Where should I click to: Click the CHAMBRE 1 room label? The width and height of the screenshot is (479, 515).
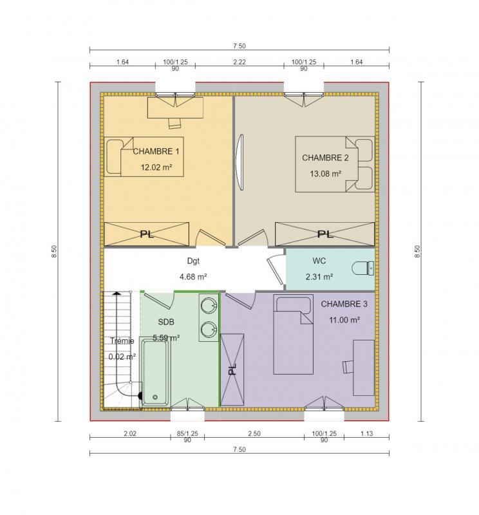[x=156, y=152]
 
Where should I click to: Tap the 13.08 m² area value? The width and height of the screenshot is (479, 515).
[x=325, y=173]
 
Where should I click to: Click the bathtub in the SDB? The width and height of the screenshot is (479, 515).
[x=155, y=372]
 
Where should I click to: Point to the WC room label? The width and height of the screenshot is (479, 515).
[x=319, y=261]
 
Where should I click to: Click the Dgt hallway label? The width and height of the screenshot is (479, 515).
[x=193, y=261]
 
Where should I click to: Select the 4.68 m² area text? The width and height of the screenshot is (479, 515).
[x=193, y=277]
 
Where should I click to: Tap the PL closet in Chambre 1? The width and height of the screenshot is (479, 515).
[x=147, y=234]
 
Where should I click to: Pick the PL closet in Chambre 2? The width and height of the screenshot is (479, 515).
[x=324, y=234]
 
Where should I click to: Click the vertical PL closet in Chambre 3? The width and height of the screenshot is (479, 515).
[x=232, y=370]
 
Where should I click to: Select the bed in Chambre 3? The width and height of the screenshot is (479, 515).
[x=293, y=335]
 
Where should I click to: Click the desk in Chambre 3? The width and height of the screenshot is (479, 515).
[x=362, y=367]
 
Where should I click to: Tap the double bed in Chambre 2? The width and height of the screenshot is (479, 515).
[x=333, y=164]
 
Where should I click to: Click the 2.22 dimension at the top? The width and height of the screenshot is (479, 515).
[x=239, y=62]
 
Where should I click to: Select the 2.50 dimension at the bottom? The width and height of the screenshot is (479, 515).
[x=254, y=434]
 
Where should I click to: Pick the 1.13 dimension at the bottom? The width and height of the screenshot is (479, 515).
[x=366, y=434]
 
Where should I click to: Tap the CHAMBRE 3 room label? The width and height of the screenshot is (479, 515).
[x=344, y=304]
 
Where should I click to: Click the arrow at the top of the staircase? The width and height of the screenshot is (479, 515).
[x=117, y=294]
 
